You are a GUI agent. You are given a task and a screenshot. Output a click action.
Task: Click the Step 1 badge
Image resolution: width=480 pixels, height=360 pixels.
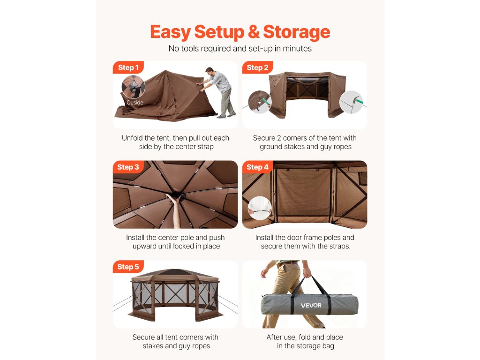[x=128, y=67]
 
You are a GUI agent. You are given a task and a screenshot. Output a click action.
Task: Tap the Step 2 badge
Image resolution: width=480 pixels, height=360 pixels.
[x=257, y=67]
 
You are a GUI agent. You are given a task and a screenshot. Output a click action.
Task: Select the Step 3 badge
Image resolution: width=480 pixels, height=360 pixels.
[x=128, y=167]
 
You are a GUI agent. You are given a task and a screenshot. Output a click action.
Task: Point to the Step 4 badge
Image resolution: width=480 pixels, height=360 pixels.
[x=257, y=167]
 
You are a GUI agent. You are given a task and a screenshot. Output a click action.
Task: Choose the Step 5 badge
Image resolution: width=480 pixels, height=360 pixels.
[x=128, y=267]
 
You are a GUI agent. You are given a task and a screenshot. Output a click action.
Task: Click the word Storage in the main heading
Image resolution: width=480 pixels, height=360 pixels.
[x=296, y=32]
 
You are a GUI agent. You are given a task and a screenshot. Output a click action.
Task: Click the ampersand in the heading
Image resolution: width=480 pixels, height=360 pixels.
[x=254, y=32]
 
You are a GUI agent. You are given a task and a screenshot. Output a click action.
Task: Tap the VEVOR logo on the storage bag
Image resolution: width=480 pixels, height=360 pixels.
[x=311, y=306]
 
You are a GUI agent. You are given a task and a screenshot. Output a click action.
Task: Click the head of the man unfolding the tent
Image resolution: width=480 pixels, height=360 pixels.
[x=210, y=72]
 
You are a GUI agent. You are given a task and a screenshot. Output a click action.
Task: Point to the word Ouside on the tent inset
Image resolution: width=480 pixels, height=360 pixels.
[x=135, y=103]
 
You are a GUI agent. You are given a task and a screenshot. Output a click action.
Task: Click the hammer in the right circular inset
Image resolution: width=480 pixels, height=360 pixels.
[x=356, y=100]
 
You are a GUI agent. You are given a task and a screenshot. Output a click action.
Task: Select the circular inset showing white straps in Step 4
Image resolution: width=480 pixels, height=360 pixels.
[x=260, y=208]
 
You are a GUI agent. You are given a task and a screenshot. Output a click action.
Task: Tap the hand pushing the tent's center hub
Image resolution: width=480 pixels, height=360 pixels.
[x=173, y=199]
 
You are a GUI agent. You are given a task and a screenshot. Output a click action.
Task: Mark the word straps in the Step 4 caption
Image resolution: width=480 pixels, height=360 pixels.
[x=341, y=247]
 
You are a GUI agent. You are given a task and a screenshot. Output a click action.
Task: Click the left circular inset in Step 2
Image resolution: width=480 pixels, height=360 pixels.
[x=260, y=102]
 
